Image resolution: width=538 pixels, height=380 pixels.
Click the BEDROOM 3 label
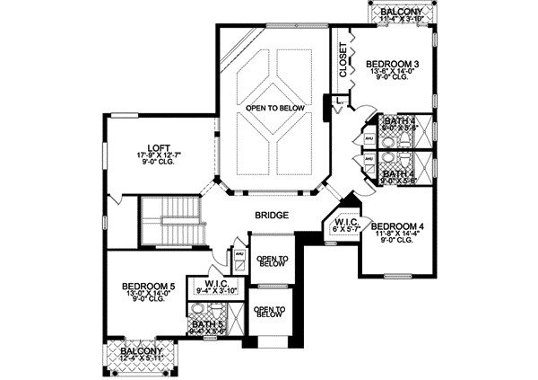(391, 63)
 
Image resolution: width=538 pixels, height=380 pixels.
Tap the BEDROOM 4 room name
(396, 225)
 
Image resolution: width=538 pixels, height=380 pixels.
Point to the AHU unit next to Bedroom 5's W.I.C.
(239, 255)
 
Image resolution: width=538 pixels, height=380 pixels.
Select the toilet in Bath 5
(215, 310)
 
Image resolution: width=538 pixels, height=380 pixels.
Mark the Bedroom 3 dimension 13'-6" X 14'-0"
(391, 72)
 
